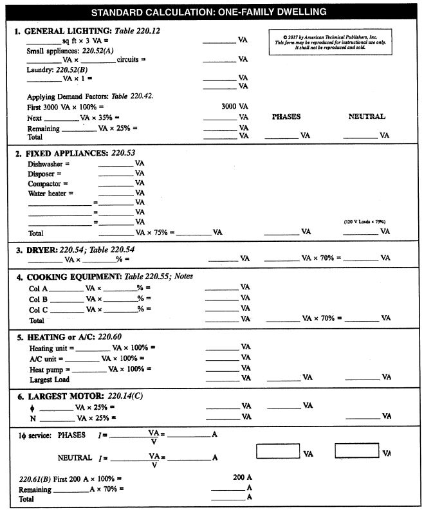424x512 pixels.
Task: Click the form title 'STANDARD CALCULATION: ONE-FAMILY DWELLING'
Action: click(x=208, y=12)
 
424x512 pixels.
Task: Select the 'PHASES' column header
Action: click(x=286, y=116)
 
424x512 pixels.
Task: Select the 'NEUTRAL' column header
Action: click(x=367, y=116)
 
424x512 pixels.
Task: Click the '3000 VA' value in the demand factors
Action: click(x=234, y=106)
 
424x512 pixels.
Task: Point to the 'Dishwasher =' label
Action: click(x=48, y=164)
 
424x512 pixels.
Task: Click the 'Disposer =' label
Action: click(x=44, y=174)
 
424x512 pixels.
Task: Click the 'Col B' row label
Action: click(x=38, y=298)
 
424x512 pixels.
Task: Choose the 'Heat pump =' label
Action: click(x=49, y=369)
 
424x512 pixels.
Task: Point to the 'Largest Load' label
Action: click(x=49, y=379)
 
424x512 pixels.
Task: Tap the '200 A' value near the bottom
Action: click(x=242, y=478)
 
